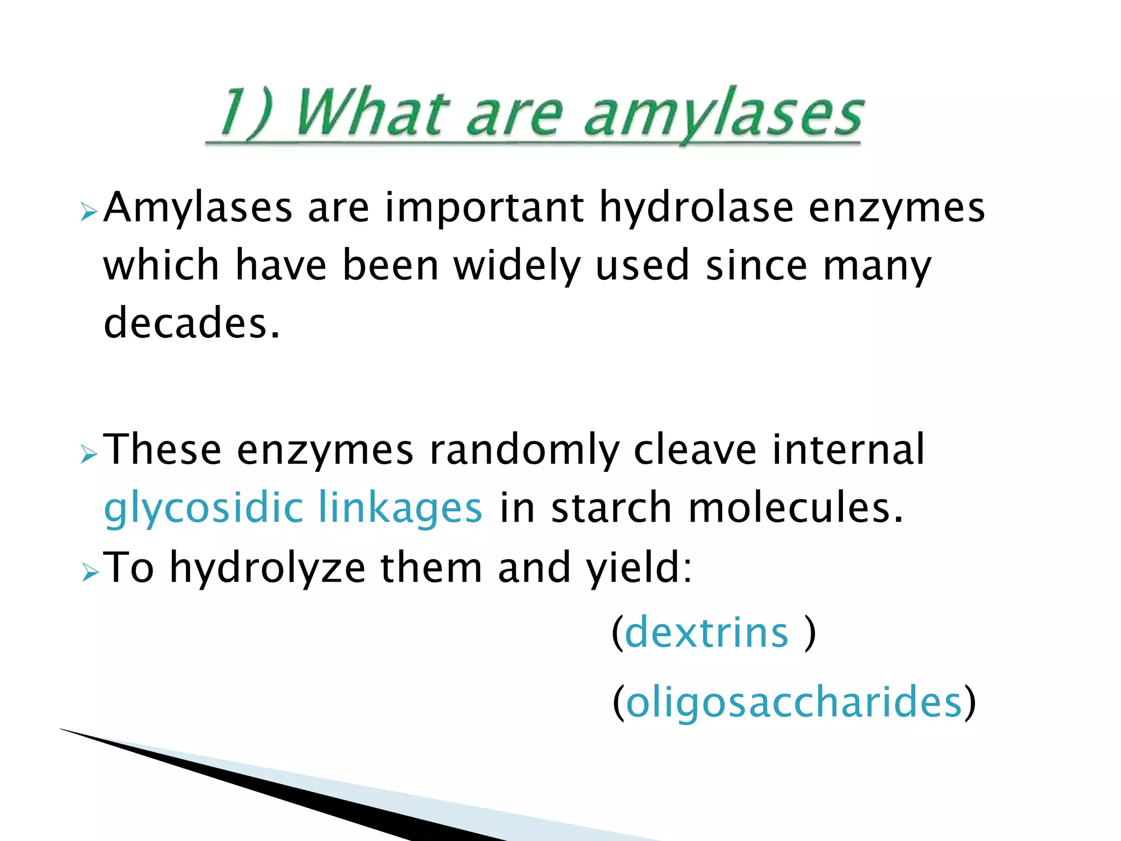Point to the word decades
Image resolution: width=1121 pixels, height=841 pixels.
(x=192, y=323)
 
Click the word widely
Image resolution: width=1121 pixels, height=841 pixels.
(x=517, y=266)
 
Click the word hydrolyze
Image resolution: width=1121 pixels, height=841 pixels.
(x=267, y=568)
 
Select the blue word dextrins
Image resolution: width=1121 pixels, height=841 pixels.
(x=706, y=633)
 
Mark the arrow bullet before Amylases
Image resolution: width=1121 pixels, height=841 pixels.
(x=88, y=211)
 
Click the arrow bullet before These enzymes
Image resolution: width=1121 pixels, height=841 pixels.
(x=88, y=454)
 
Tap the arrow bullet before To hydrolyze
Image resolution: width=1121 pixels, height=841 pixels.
(x=89, y=572)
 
